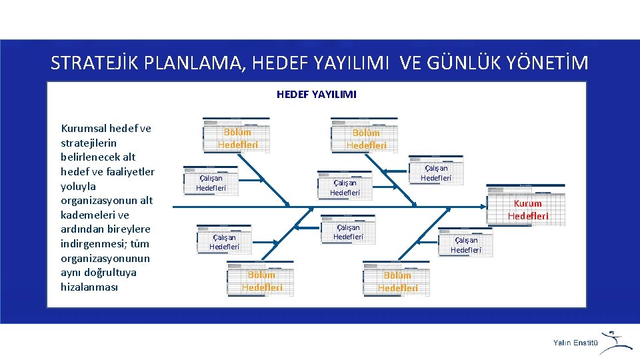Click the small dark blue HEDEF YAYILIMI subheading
pos(317,95)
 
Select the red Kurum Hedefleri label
pos(528,209)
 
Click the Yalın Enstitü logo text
pos(575,343)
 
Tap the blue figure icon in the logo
pos(616,340)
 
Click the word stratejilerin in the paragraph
pos(88,143)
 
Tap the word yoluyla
pos(78,186)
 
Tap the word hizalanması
pos(89,287)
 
